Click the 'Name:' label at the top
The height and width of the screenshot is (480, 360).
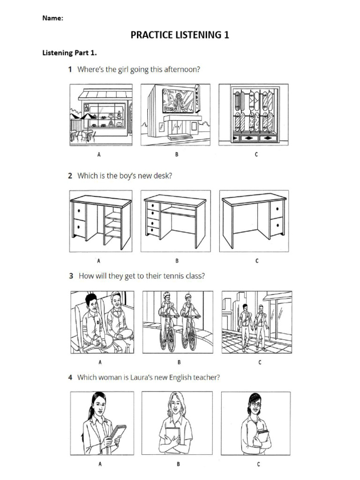coord(52,18)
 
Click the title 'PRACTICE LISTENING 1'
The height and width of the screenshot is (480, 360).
coord(180,35)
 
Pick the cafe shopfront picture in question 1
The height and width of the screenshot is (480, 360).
coord(101,114)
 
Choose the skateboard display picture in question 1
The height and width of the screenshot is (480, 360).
coord(254,114)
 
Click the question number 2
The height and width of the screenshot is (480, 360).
coord(70,176)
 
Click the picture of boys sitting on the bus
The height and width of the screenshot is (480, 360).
coord(102,322)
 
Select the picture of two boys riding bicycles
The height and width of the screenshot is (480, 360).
coord(178,322)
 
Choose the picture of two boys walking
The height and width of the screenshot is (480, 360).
coord(256,322)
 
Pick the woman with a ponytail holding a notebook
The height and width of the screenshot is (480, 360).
coord(102,423)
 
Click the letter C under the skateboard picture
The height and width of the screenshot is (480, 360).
coord(256,154)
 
